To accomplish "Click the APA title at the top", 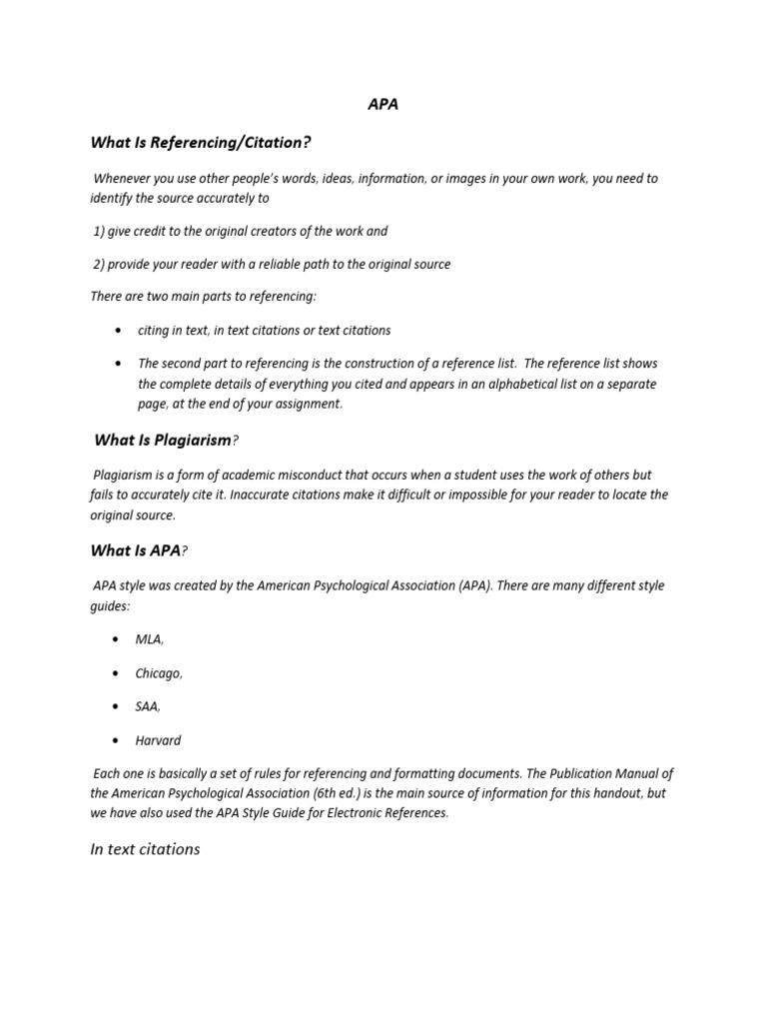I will (x=383, y=104).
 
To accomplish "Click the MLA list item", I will (x=149, y=639).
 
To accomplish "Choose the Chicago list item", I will (x=159, y=673).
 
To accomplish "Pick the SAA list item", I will (x=148, y=706).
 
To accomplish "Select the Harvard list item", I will (x=158, y=740).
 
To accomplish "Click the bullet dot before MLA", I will (x=119, y=639).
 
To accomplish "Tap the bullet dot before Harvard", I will (x=119, y=740).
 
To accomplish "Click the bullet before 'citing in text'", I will (x=119, y=330).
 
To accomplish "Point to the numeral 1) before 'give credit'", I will (x=99, y=231).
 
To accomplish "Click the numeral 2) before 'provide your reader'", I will (x=99, y=264).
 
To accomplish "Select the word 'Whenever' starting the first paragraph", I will (x=122, y=178).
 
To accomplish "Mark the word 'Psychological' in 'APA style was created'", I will (x=361, y=585).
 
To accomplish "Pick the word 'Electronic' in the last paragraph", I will (x=353, y=812).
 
